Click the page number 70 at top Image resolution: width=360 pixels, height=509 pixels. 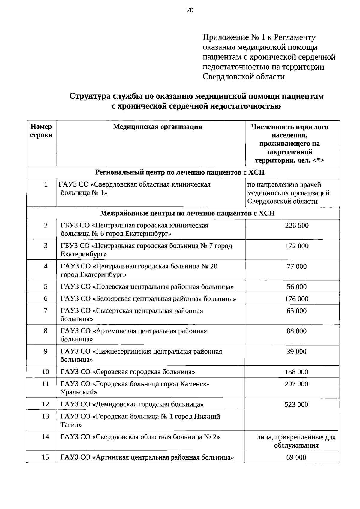point(190,10)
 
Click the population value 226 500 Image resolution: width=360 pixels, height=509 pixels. point(297,226)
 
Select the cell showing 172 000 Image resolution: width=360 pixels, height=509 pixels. point(297,246)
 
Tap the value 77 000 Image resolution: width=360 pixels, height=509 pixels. point(297,266)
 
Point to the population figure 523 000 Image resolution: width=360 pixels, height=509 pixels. point(296,404)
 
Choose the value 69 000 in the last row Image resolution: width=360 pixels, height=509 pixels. point(296,457)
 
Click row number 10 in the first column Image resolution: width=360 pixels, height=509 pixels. point(46,372)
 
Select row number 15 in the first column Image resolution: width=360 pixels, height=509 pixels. point(45,457)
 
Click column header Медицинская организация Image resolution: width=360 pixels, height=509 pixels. point(157,127)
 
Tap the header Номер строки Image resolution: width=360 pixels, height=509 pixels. point(41,131)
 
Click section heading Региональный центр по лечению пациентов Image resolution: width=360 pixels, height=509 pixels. point(180,172)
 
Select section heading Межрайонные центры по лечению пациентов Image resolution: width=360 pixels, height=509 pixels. point(187,213)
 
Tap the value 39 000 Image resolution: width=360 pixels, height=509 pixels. point(296,352)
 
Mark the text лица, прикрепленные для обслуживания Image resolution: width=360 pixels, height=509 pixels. point(296,441)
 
